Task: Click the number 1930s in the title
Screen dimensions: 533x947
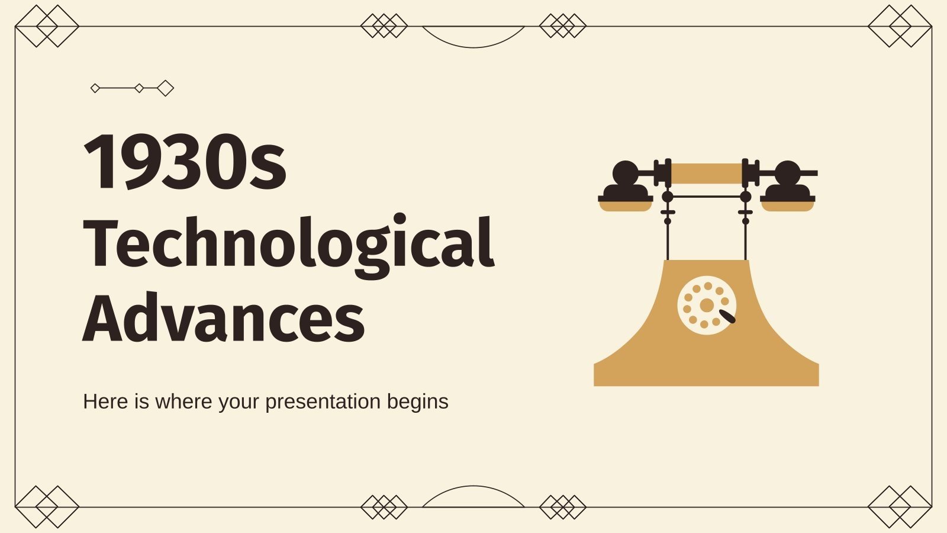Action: pyautogui.click(x=185, y=161)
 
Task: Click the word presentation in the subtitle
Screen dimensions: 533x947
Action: pyautogui.click(x=323, y=402)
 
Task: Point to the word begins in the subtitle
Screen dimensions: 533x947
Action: pyautogui.click(x=418, y=402)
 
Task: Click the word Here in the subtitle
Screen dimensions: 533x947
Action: pyautogui.click(x=105, y=402)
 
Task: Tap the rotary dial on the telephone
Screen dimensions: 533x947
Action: pyautogui.click(x=707, y=306)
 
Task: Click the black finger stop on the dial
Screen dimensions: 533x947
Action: pyautogui.click(x=727, y=317)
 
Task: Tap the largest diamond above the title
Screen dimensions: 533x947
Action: pyautogui.click(x=166, y=88)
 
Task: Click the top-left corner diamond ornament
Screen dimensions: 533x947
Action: pyautogui.click(x=47, y=27)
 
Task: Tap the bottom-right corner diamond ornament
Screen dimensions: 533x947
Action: pyautogui.click(x=900, y=507)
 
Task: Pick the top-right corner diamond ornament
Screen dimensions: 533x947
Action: pyautogui.click(x=900, y=27)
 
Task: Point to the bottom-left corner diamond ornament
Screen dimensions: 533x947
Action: pyautogui.click(x=47, y=507)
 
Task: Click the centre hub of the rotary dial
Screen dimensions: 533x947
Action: pyautogui.click(x=707, y=306)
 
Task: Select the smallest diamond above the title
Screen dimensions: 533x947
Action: pyautogui.click(x=95, y=88)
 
